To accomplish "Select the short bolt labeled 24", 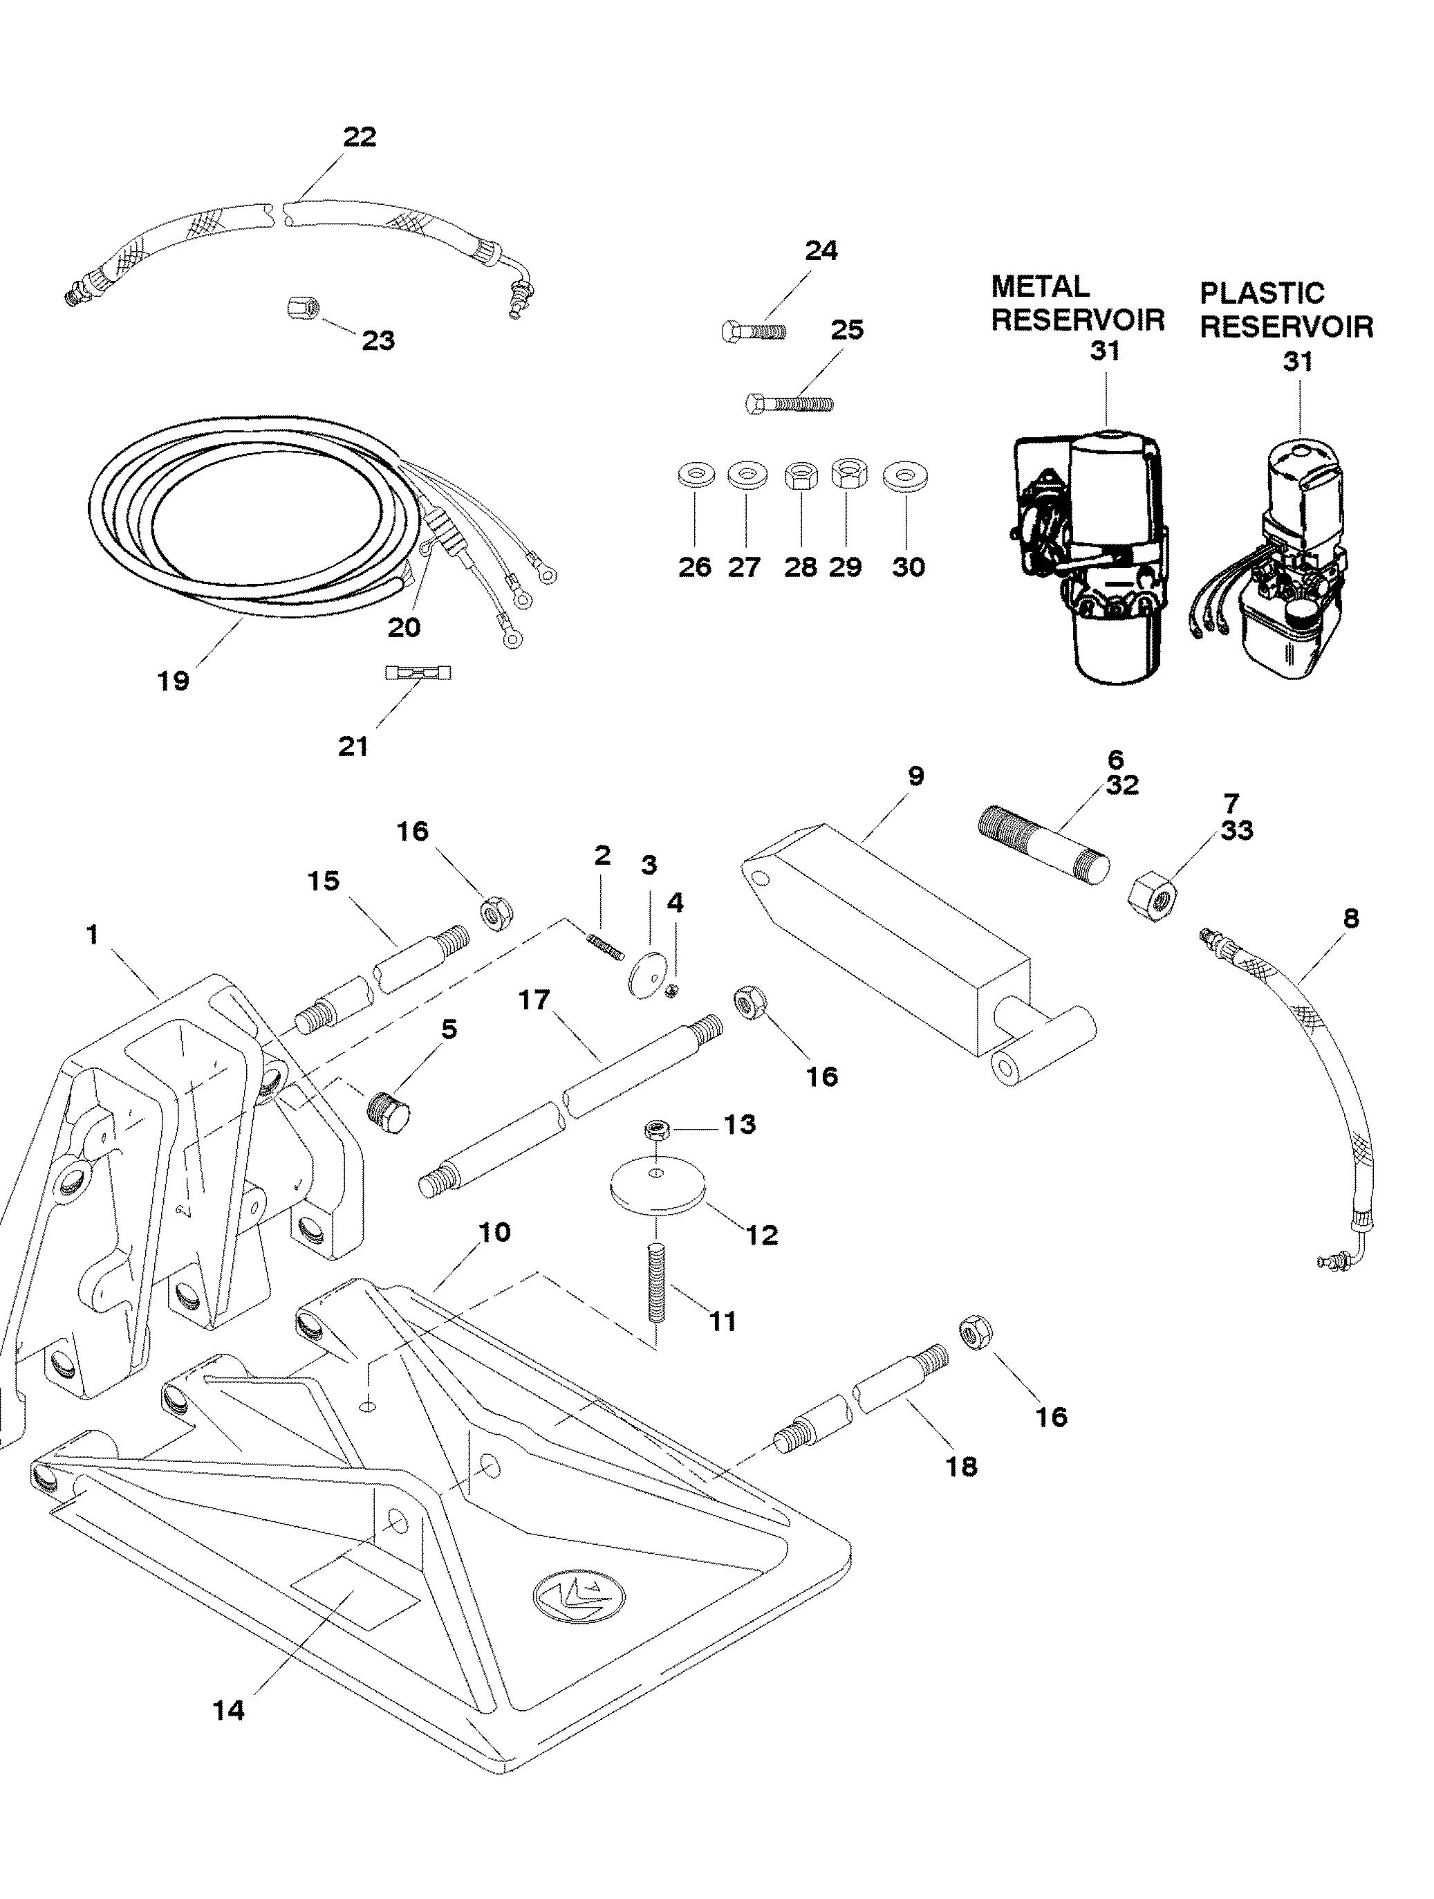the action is point(754,331).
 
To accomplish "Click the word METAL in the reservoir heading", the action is point(1040,286).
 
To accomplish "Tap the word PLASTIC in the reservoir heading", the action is point(1262,293).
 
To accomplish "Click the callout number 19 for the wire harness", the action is point(174,681).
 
